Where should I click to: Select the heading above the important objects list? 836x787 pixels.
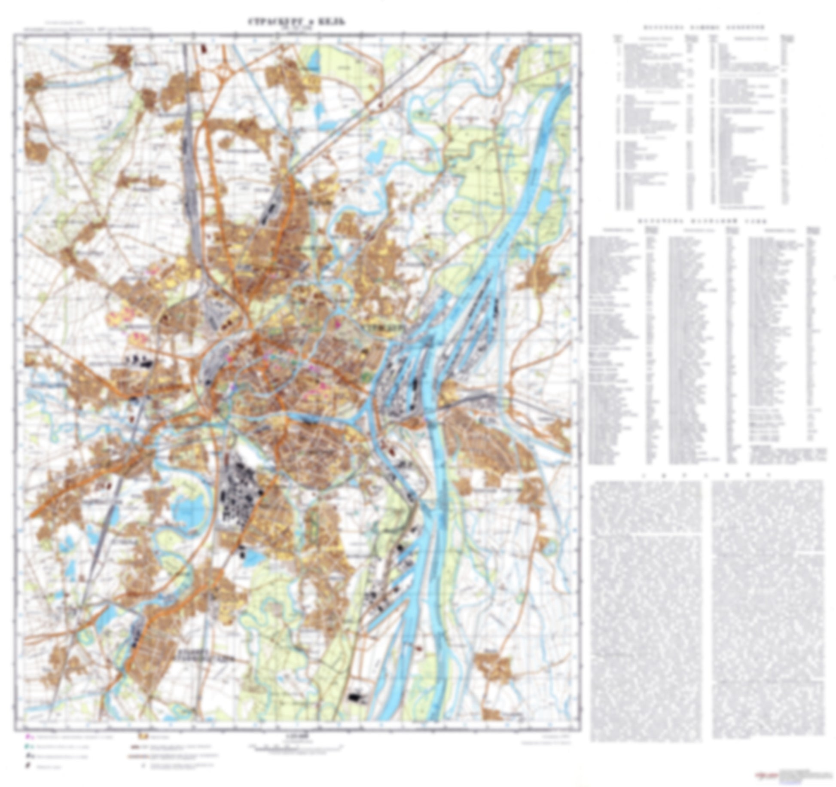point(703,27)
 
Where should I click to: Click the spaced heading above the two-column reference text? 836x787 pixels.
point(707,476)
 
